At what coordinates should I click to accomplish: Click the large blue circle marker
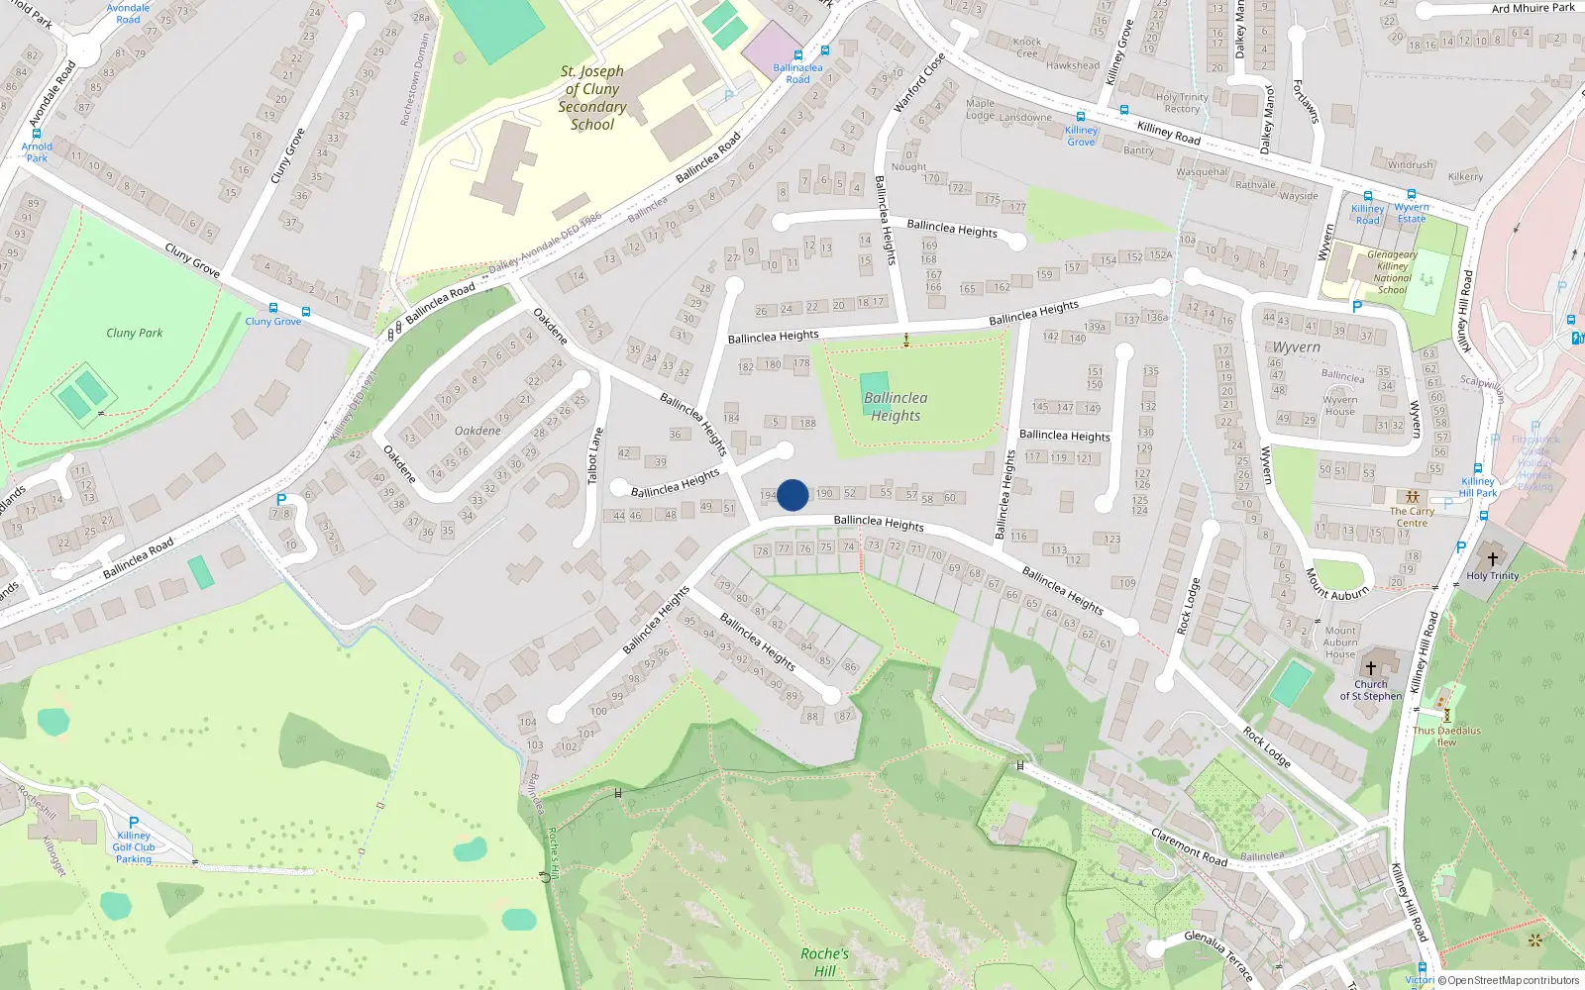coord(792,495)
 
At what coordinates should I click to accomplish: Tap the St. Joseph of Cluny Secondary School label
coord(592,98)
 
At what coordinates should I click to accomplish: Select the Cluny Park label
coord(135,333)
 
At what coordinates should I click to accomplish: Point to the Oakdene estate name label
coord(477,431)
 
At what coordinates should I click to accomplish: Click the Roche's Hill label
coord(824,962)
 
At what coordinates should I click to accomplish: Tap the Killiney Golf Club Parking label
coord(134,847)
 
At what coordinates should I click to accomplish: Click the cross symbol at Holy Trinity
coord(1493,559)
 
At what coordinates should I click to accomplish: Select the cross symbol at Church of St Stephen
coord(1371,668)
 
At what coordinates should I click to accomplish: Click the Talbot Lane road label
coord(594,456)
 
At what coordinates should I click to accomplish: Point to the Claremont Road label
coord(1189,847)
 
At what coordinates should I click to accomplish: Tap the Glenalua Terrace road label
coord(1218,955)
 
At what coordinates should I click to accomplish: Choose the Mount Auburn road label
coord(1336,584)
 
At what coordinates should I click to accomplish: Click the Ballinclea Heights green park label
coord(896,407)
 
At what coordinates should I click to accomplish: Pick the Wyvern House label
coord(1339,406)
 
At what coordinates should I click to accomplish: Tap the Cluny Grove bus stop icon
coord(273,309)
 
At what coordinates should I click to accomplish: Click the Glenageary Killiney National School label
coord(1392,272)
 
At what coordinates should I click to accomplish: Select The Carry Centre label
coord(1412,517)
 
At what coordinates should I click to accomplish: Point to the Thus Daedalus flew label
coord(1446,737)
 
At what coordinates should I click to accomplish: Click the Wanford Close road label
coord(919,81)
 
